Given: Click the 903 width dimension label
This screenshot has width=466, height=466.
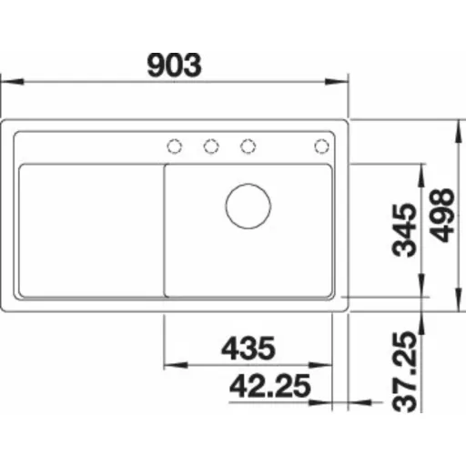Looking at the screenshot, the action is pyautogui.click(x=174, y=65).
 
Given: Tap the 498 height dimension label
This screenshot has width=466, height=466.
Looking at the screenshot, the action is pyautogui.click(x=441, y=216).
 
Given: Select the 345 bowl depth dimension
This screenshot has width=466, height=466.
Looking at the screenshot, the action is pyautogui.click(x=404, y=230).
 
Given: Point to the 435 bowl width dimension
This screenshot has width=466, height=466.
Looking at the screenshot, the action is pyautogui.click(x=248, y=348).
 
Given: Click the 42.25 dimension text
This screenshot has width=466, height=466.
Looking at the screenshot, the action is pyautogui.click(x=270, y=386).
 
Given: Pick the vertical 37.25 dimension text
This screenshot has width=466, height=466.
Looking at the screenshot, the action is pyautogui.click(x=404, y=371).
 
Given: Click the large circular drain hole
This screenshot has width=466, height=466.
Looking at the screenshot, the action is pyautogui.click(x=248, y=206).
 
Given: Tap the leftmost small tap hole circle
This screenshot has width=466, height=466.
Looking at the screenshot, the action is pyautogui.click(x=175, y=147).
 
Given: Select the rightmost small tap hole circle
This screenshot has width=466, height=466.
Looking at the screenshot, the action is pyautogui.click(x=321, y=147).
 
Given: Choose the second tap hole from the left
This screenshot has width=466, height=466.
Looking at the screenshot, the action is pyautogui.click(x=211, y=147).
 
